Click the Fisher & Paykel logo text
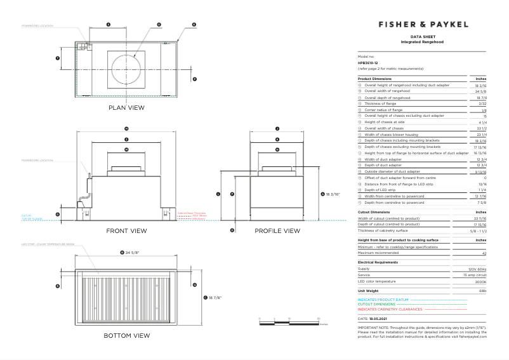[x=423, y=24]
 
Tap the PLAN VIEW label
[x=127, y=107]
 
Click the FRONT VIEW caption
[x=127, y=230]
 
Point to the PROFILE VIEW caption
[x=277, y=230]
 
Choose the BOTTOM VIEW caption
[x=127, y=335]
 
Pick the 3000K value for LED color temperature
[x=480, y=281]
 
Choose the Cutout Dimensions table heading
[x=374, y=212]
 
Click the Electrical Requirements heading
[x=378, y=262]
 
